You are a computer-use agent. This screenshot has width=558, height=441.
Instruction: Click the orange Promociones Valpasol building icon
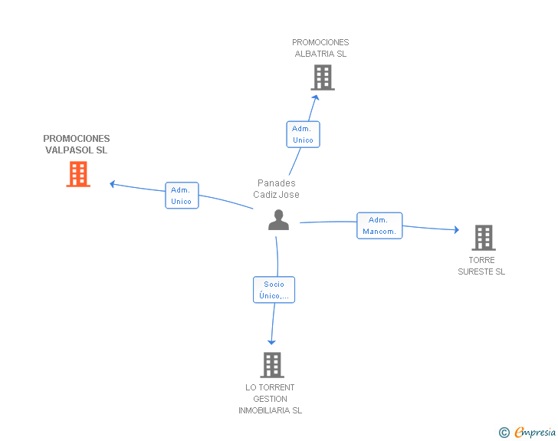tap(77, 174)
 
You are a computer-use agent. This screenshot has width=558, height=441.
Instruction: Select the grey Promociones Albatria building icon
tap(323, 77)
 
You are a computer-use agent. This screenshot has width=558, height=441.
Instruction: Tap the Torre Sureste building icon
tap(483, 238)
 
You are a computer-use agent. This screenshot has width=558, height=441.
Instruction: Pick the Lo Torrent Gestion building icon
tap(271, 365)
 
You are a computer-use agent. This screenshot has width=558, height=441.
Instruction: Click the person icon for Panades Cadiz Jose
tap(278, 220)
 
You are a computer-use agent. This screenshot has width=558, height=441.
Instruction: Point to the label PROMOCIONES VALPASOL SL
tap(77, 144)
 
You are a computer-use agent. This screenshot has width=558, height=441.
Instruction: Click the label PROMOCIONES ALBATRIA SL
tap(320, 48)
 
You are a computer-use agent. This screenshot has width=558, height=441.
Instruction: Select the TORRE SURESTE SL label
tap(481, 265)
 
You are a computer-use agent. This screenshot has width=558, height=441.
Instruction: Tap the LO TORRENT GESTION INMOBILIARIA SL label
tap(270, 399)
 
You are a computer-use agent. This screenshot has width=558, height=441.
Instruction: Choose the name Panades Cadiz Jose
tap(277, 189)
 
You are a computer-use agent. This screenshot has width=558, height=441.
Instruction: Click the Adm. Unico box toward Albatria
tap(303, 134)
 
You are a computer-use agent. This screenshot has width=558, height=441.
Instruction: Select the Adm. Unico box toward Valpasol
tap(182, 196)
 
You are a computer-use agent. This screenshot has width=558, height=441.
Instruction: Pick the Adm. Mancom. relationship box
tap(379, 225)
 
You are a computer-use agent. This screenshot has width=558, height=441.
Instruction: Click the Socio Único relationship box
tap(274, 289)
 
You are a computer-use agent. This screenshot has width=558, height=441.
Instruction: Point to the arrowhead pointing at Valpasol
tap(113, 183)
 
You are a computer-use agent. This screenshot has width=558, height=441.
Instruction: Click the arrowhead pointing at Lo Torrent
tap(271, 341)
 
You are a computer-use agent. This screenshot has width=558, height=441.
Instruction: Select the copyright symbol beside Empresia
tap(504, 433)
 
